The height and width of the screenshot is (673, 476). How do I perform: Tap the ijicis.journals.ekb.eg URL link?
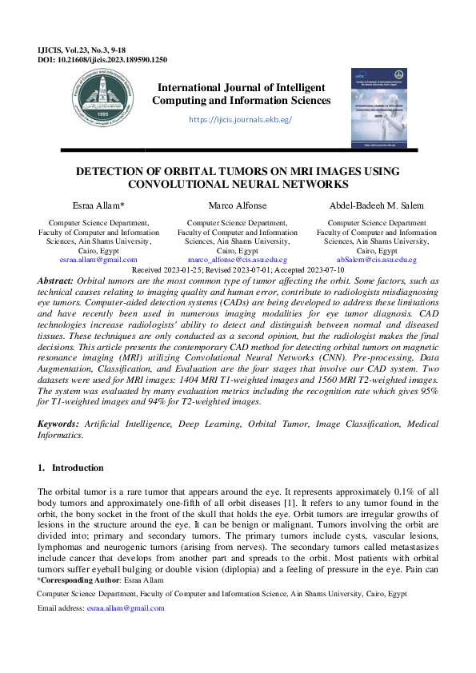click(240, 120)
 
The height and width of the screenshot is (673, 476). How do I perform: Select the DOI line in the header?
click(102, 59)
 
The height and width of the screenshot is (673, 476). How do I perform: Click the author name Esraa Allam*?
click(98, 205)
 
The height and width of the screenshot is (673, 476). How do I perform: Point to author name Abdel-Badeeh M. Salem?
click(376, 205)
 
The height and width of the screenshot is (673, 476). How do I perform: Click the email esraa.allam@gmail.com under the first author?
click(98, 260)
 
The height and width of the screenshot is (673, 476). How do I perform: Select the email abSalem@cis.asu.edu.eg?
click(376, 260)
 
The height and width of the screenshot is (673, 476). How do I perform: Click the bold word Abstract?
click(56, 282)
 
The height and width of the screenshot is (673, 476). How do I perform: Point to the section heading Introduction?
click(78, 468)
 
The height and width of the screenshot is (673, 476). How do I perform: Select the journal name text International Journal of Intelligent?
click(241, 87)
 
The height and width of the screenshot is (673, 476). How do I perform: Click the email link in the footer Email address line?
click(126, 608)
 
